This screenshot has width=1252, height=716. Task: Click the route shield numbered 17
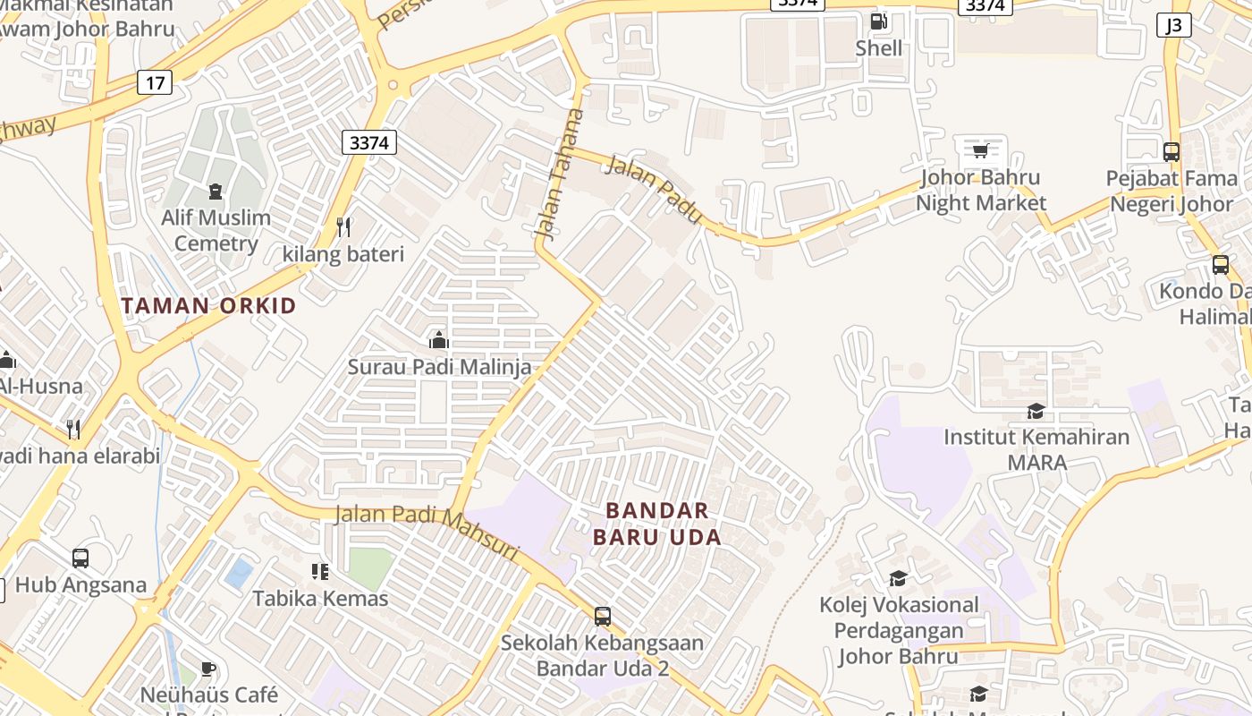155,83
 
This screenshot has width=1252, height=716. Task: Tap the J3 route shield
1173,25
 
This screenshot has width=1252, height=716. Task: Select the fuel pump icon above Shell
878,21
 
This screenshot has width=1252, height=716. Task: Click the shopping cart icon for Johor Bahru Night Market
980,150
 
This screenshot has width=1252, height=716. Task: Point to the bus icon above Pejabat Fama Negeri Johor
1171,151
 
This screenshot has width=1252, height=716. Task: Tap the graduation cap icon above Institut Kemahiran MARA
1036,411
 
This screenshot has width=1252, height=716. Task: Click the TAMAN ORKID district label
208,306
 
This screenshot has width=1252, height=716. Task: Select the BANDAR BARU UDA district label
657,524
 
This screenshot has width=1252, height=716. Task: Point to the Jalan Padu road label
653,189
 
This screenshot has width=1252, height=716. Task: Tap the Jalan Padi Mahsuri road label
427,533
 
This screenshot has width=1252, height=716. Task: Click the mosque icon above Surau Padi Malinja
438,340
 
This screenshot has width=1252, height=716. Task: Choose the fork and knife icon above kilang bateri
343,227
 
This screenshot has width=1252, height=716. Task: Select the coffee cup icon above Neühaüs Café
208,669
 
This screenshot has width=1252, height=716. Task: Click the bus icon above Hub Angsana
80,558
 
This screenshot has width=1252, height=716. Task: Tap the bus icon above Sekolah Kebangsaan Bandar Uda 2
603,616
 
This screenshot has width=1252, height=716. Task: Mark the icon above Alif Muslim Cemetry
215,191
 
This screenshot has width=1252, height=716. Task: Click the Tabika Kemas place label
320,598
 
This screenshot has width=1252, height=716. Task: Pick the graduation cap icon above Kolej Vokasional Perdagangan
898,578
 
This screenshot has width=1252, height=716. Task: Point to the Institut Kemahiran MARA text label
1036,449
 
